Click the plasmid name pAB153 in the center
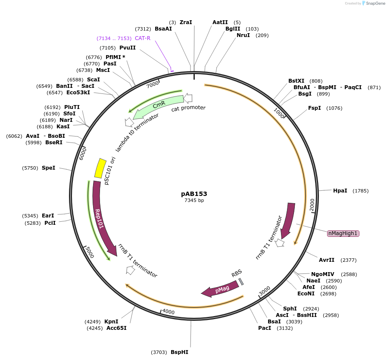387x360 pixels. point(194,194)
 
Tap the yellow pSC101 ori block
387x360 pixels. point(100,168)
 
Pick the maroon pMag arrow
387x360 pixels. point(221,289)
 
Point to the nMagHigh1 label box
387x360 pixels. point(343,233)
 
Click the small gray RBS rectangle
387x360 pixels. point(241,281)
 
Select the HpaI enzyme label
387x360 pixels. point(340,191)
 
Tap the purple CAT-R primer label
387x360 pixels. point(143,38)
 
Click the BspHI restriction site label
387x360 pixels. point(179,352)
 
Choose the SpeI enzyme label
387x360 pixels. point(48,168)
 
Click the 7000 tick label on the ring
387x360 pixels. point(153,84)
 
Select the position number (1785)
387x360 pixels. point(361,191)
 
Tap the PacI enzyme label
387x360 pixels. point(265,328)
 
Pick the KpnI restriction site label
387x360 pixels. point(111,322)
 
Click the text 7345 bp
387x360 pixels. point(194,200)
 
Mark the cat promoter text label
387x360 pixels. point(188,108)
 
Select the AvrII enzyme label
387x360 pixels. point(327,260)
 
